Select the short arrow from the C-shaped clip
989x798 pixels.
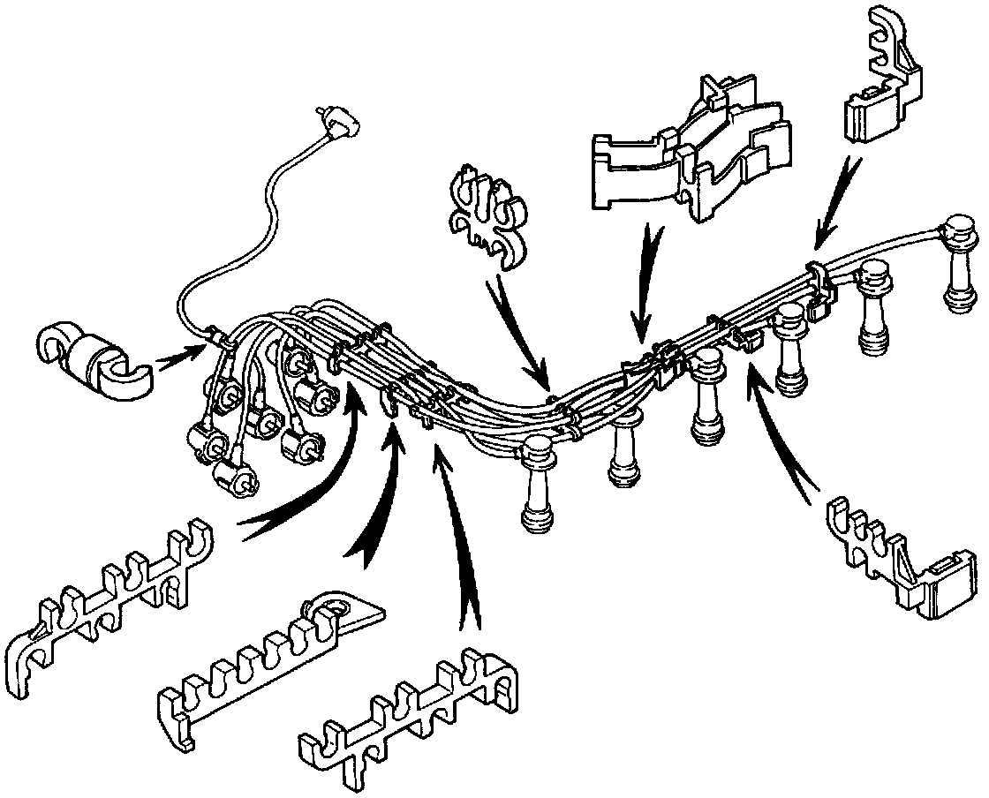click(x=180, y=354)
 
